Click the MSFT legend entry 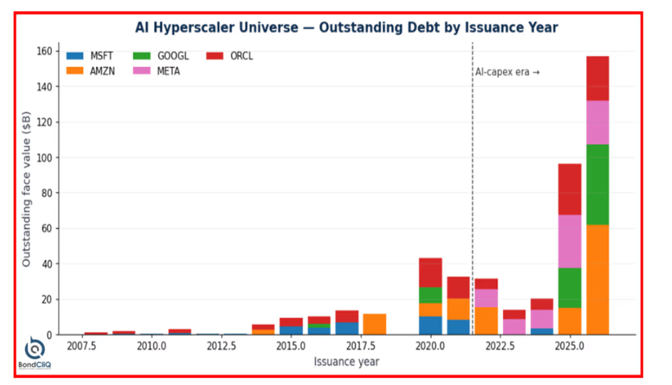[89, 56]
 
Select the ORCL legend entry [230, 56]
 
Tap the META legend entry [156, 71]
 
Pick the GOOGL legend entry [161, 56]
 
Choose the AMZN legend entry [90, 71]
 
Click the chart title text [347, 27]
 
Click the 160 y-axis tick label [44, 51]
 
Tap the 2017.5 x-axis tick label [360, 346]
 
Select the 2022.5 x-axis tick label [500, 346]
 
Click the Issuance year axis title [347, 361]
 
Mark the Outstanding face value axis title [26, 189]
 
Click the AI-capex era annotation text [507, 72]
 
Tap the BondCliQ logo [35, 352]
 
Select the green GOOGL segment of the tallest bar [598, 184]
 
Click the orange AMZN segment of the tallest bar [598, 280]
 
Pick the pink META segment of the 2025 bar [570, 241]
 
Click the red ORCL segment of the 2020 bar [431, 273]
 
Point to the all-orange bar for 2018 [374, 324]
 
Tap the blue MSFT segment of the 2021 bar [458, 327]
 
